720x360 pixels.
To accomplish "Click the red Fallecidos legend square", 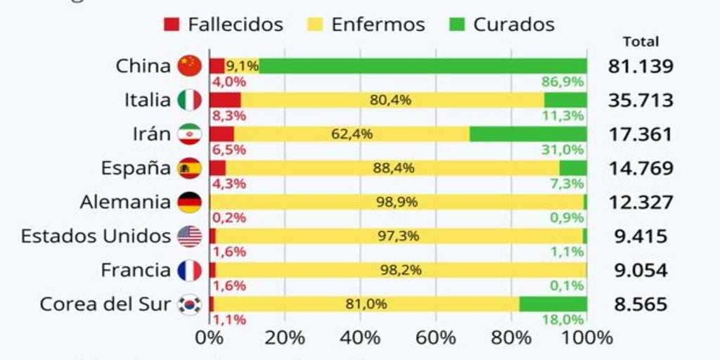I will pyautogui.click(x=172, y=25).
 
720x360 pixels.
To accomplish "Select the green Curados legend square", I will pyautogui.click(x=456, y=25).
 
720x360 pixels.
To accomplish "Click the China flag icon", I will pyautogui.click(x=190, y=66).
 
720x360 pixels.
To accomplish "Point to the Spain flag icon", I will pyautogui.click(x=190, y=168).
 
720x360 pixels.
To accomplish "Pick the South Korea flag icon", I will pyautogui.click(x=190, y=304).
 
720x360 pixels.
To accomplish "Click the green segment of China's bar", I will pyautogui.click(x=423, y=66).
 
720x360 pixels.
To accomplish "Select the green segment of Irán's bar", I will pyautogui.click(x=528, y=134).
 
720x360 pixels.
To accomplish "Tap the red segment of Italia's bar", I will pyautogui.click(x=225, y=100).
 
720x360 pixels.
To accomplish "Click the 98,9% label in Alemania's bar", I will pyautogui.click(x=397, y=202).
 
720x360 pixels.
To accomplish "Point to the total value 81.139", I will pyautogui.click(x=641, y=67).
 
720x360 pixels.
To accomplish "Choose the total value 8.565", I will pyautogui.click(x=641, y=304).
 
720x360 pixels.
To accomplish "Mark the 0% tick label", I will pyautogui.click(x=209, y=337).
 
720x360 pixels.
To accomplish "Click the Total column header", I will pyautogui.click(x=641, y=42).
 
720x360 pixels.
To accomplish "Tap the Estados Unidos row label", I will pyautogui.click(x=96, y=236).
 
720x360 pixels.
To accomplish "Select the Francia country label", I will pyautogui.click(x=136, y=270).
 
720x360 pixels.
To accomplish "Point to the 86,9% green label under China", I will pyautogui.click(x=562, y=82).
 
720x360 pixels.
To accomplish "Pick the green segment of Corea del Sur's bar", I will pyautogui.click(x=553, y=304).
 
